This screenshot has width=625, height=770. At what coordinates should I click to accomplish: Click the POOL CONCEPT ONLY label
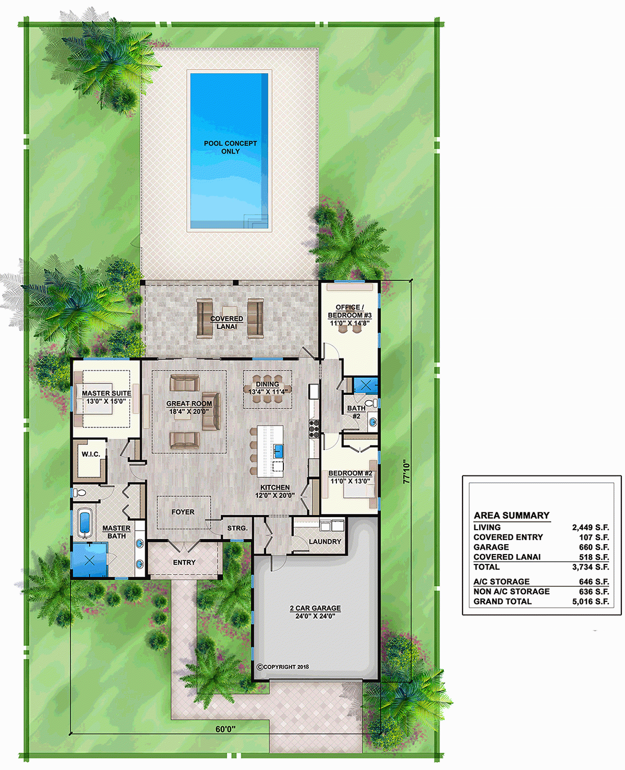click(x=230, y=147)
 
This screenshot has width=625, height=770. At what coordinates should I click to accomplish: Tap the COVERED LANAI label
click(x=227, y=323)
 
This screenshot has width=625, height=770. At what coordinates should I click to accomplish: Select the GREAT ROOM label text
click(x=189, y=404)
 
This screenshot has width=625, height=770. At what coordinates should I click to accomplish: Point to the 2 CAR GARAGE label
click(x=315, y=608)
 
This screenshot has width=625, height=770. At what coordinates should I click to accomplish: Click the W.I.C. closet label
click(x=91, y=454)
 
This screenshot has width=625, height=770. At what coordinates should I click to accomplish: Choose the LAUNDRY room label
click(x=324, y=542)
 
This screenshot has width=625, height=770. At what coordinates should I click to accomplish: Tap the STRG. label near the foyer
click(x=238, y=528)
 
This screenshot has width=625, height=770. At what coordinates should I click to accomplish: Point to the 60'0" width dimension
click(x=226, y=729)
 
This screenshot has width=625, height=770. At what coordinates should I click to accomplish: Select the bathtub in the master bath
click(x=84, y=522)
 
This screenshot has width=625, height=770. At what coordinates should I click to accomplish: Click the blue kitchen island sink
click(x=278, y=451)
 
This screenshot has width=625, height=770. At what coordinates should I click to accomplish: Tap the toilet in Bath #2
click(x=371, y=403)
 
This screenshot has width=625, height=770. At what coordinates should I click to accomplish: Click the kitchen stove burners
click(x=314, y=429)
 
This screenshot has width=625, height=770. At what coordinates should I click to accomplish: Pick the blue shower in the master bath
click(x=89, y=560)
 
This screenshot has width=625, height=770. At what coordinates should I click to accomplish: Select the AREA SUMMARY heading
click(x=511, y=516)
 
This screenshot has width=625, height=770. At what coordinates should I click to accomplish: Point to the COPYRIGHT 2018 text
click(x=283, y=667)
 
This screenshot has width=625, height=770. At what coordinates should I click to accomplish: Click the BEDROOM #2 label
click(x=350, y=473)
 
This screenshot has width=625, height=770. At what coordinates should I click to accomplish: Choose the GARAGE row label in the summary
click(x=491, y=547)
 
